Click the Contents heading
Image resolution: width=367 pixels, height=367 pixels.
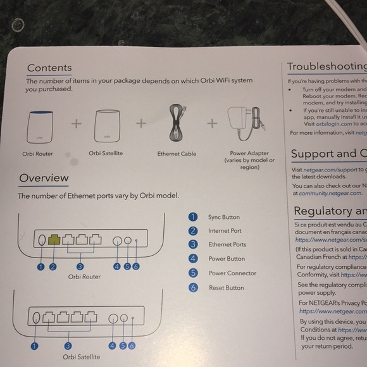(49, 68)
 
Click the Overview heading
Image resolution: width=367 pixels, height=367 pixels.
(44, 178)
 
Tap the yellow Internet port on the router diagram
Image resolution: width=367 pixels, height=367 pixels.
(54, 240)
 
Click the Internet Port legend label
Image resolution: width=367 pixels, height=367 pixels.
(225, 231)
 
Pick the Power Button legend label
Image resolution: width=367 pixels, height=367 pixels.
(227, 259)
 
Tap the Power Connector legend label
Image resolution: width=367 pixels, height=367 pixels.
(232, 273)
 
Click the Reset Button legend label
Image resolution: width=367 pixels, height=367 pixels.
(226, 288)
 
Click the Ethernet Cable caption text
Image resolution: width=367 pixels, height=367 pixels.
(177, 154)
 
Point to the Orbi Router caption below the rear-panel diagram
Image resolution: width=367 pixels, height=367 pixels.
(84, 277)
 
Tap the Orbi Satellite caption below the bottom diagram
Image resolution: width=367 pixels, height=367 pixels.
(81, 358)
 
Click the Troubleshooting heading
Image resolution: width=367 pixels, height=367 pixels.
(327, 66)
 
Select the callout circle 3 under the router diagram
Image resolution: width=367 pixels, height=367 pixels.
(81, 267)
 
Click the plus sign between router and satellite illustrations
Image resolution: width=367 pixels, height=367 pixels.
(76, 123)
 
